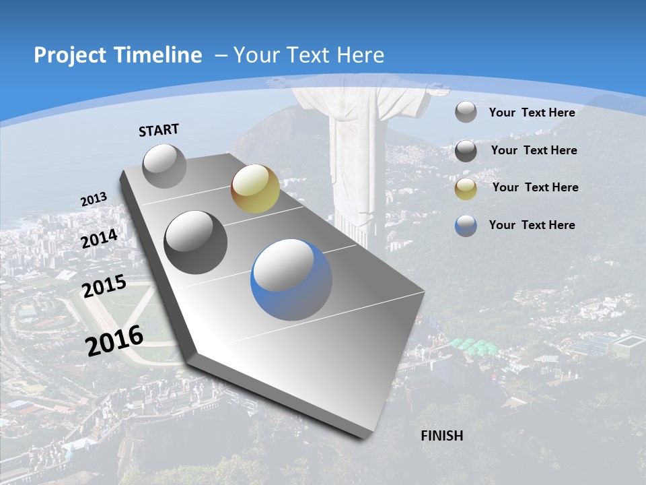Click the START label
click(x=159, y=130)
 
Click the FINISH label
click(x=441, y=436)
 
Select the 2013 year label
click(x=94, y=199)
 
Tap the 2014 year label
click(x=100, y=238)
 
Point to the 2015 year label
click(x=104, y=286)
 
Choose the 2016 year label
click(x=114, y=340)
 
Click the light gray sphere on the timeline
click(x=165, y=166)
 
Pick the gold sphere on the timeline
click(x=255, y=188)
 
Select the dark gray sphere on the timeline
click(x=196, y=243)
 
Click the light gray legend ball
click(x=466, y=112)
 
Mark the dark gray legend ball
click(x=466, y=151)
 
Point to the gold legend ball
click(x=466, y=189)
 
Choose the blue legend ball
click(x=466, y=226)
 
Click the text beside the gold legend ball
click(x=535, y=187)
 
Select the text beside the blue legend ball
click(x=532, y=225)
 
